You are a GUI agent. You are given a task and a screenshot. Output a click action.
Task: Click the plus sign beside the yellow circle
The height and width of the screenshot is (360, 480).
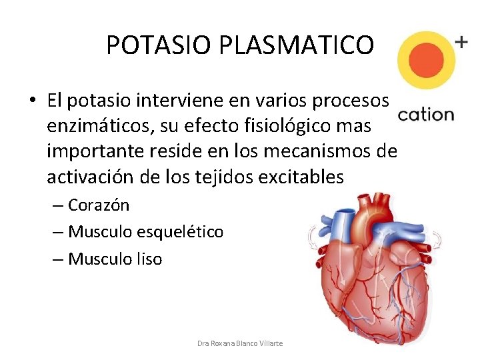click(x=461, y=41)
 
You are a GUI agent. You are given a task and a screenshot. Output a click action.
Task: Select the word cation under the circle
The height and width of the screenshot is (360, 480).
click(x=425, y=115)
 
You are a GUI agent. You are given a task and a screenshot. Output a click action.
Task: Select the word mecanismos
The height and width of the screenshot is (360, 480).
click(x=317, y=151)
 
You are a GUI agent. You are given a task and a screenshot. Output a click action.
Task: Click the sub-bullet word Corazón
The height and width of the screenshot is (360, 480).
click(x=99, y=205)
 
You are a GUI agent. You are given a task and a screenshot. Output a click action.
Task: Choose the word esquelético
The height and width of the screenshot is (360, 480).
click(x=180, y=232)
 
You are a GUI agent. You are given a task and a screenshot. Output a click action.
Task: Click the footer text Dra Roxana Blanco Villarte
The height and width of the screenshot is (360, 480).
click(x=240, y=343)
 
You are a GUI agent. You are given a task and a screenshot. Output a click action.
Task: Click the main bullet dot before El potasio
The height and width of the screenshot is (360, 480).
click(x=32, y=101)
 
